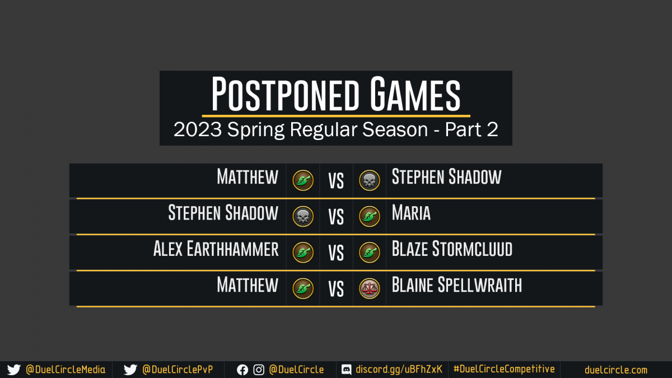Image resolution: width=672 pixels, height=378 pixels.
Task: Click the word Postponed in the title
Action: click(x=285, y=94)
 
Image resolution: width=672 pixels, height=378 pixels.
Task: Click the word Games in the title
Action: click(x=415, y=94)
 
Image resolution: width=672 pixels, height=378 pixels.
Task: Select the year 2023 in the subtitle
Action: click(x=198, y=129)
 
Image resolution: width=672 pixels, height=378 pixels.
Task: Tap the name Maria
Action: click(x=411, y=213)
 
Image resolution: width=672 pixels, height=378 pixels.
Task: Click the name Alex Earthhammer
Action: click(x=216, y=249)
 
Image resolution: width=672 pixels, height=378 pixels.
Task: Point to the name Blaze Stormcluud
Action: click(x=452, y=249)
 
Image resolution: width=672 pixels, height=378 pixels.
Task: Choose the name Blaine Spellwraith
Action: click(x=457, y=284)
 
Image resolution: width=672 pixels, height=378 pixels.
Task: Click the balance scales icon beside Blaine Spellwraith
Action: click(x=369, y=288)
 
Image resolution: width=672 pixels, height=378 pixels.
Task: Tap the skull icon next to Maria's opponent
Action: click(x=303, y=216)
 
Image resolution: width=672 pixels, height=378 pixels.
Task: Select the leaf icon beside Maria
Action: click(x=369, y=216)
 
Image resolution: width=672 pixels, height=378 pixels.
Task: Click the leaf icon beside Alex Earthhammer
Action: click(x=303, y=253)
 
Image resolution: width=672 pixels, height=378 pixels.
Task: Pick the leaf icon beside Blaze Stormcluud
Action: click(x=369, y=253)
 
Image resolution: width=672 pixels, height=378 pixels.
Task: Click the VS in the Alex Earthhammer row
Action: click(x=336, y=253)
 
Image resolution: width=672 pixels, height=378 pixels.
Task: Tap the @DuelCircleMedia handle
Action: click(x=66, y=370)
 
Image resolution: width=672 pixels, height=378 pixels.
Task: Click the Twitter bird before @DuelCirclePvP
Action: click(x=130, y=370)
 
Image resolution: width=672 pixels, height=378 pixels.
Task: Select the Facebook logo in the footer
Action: click(x=242, y=370)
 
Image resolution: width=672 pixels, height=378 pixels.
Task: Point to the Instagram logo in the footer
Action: click(x=259, y=370)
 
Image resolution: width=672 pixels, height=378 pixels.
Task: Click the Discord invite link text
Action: click(x=399, y=369)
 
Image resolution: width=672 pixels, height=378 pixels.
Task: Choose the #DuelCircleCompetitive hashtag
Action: click(x=504, y=369)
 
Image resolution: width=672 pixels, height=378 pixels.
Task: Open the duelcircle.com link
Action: click(x=616, y=370)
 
